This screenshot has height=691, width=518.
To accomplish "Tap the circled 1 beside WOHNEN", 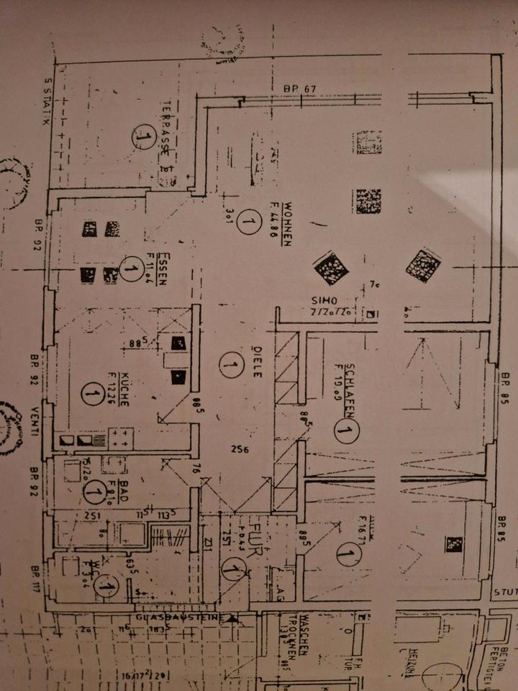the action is click(248, 222).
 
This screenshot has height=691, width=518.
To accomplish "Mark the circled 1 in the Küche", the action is click(92, 393).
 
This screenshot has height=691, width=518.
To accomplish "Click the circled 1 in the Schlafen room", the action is click(345, 430).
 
